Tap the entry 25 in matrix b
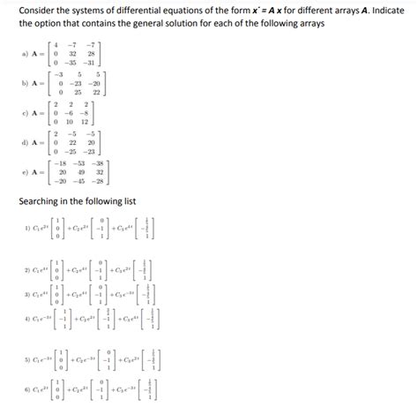point(76,92)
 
